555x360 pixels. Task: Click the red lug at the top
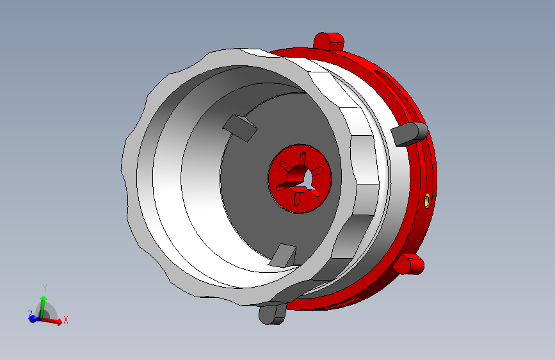tap(329, 41)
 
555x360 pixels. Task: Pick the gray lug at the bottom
tap(272, 313)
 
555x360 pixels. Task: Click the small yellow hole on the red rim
tap(427, 202)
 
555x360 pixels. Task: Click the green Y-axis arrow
tap(43, 304)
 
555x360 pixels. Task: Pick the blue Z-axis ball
tap(33, 318)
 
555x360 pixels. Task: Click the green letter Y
tap(44, 288)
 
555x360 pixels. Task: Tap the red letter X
tap(65, 320)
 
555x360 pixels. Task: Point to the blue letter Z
tap(29, 314)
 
